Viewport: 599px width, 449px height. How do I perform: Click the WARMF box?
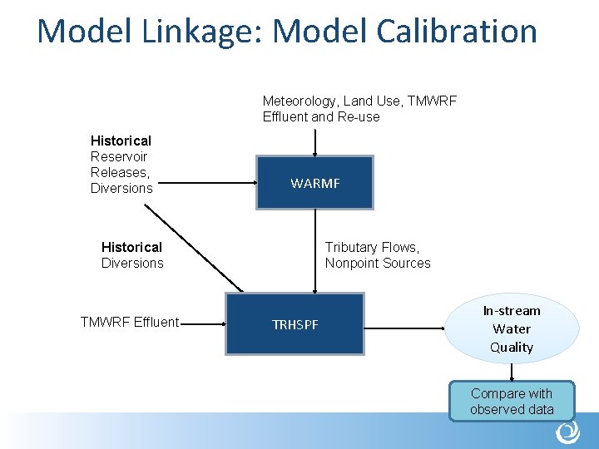click(314, 182)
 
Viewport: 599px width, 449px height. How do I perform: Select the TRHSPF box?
click(295, 323)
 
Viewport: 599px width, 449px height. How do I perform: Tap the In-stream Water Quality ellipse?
click(512, 328)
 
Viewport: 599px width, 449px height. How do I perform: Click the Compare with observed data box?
click(512, 401)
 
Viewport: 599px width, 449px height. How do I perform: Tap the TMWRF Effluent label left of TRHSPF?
click(129, 322)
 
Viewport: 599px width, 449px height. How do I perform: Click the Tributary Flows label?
click(372, 247)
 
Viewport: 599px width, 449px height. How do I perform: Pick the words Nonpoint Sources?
click(378, 263)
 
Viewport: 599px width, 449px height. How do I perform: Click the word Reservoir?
click(119, 156)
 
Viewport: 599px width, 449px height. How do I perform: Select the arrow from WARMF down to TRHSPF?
click(314, 249)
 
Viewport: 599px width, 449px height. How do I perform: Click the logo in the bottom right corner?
click(567, 432)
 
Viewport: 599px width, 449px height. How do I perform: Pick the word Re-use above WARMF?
click(358, 116)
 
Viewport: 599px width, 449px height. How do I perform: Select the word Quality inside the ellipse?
click(512, 347)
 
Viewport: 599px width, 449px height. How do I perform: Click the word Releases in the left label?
click(119, 172)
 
